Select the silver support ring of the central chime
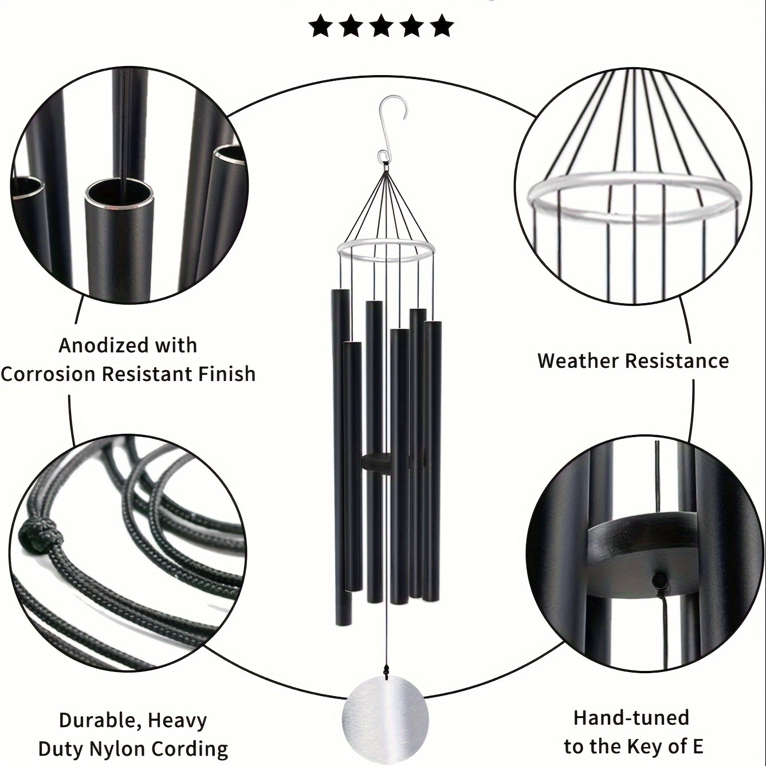(x=386, y=248)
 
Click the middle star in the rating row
(x=381, y=25)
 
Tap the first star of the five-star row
(x=321, y=25)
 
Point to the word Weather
(x=579, y=361)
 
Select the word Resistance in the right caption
(x=677, y=361)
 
